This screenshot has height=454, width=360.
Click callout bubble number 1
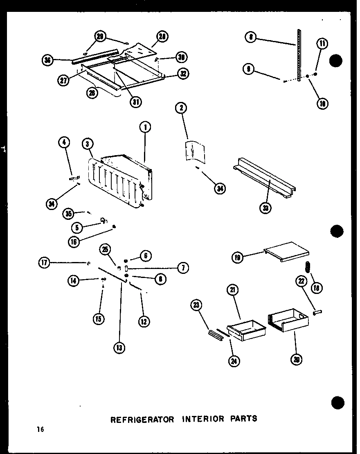144,128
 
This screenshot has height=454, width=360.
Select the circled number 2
181,108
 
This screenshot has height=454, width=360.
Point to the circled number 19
238,258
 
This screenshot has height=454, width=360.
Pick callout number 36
48,61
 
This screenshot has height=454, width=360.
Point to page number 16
40,429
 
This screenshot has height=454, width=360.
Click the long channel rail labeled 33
264,180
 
